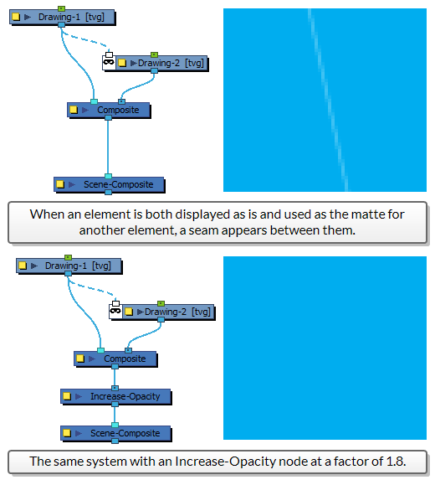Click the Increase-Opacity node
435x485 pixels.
115,396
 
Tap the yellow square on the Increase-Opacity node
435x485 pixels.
67,396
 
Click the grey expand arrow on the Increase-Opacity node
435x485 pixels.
79,396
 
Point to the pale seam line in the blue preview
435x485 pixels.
328,100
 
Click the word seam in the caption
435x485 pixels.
203,230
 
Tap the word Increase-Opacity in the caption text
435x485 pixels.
226,462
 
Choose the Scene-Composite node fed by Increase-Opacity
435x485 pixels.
115,434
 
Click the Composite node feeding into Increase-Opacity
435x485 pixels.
115,359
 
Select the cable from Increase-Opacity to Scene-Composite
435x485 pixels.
115,415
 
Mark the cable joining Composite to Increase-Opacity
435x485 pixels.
115,377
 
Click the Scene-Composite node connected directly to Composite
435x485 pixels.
109,185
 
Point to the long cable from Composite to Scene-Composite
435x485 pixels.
108,147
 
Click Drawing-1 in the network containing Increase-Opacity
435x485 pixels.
69,266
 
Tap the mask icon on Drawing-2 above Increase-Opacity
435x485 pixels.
115,310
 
